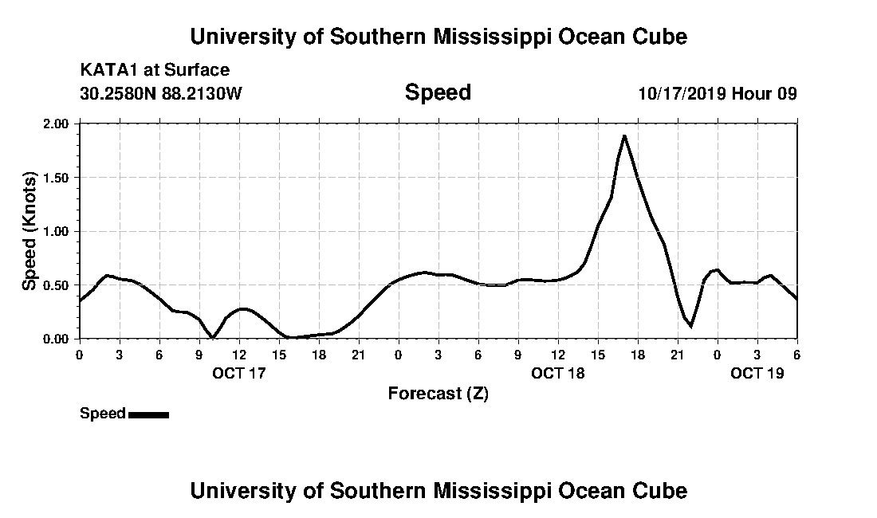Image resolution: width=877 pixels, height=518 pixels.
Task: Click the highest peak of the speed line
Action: [624, 135]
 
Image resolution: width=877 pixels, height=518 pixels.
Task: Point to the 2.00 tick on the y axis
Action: [57, 124]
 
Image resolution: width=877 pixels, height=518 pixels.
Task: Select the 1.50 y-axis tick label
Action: [57, 178]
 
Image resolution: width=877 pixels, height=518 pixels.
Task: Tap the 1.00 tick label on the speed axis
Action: [57, 232]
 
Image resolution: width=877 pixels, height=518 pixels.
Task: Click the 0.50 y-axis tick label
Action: [57, 285]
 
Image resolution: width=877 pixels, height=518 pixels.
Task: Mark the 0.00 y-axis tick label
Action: [57, 339]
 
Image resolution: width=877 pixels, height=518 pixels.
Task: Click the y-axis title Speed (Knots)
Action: [29, 231]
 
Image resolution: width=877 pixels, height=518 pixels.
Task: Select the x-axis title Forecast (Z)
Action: [438, 393]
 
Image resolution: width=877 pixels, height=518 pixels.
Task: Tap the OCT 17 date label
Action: [238, 372]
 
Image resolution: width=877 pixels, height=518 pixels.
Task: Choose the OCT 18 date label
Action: [557, 372]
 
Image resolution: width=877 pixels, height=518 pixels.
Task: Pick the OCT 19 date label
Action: [757, 372]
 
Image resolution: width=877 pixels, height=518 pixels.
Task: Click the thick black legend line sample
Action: [148, 414]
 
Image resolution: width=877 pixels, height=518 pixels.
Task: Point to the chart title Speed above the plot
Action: [438, 92]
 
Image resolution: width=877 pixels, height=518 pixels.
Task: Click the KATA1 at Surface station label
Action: [155, 70]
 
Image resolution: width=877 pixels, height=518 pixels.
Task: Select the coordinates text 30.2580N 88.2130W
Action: [161, 93]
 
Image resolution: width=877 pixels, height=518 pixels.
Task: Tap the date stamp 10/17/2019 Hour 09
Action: [718, 93]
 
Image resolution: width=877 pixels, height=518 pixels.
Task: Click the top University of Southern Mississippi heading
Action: [438, 36]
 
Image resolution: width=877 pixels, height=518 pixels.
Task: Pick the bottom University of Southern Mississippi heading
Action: [438, 490]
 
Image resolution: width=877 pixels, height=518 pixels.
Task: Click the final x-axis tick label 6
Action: [797, 354]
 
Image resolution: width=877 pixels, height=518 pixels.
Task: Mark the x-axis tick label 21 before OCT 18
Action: [358, 354]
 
